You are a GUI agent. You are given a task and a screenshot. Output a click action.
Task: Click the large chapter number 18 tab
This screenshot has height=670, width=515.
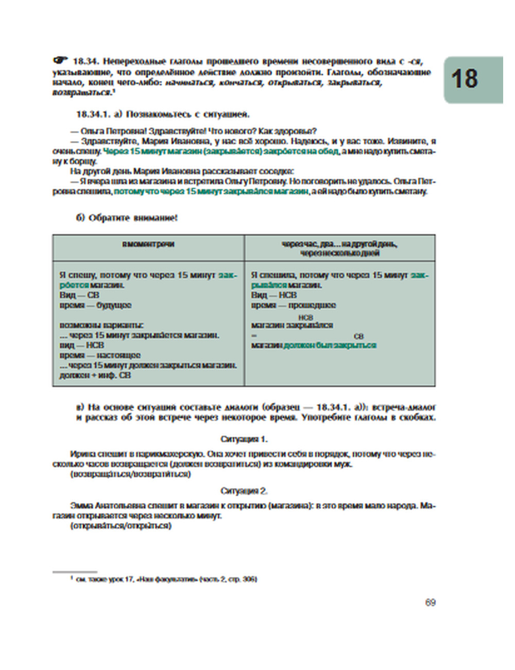point(465,79)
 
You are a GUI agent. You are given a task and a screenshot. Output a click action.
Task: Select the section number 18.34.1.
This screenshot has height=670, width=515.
point(95,114)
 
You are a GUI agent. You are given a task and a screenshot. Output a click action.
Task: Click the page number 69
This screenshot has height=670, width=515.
point(431,602)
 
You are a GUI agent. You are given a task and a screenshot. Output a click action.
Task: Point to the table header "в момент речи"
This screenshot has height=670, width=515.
point(148,244)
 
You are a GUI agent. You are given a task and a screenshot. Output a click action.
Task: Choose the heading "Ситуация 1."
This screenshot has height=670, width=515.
point(244,440)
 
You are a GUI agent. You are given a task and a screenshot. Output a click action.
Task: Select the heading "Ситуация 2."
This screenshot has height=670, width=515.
point(244,491)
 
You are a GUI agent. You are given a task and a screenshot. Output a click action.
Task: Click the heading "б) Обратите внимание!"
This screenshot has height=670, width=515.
point(127,218)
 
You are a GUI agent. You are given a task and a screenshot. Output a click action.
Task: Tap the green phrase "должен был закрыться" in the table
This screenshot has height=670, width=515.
point(330,345)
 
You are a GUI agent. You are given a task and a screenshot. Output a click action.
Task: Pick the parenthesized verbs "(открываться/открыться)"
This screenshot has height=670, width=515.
point(121,526)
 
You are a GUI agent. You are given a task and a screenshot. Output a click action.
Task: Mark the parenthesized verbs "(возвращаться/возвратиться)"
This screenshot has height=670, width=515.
point(130,474)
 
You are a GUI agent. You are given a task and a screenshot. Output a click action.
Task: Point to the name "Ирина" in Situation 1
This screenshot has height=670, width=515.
point(81,455)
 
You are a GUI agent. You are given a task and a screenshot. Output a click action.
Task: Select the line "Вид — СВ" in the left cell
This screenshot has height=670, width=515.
point(79,295)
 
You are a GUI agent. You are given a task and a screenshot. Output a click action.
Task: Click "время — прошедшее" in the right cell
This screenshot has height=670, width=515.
point(294,305)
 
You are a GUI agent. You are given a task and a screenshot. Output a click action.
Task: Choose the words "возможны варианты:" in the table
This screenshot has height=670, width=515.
point(101,325)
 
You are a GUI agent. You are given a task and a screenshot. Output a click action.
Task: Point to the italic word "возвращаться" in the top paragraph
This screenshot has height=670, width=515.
point(81,92)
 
